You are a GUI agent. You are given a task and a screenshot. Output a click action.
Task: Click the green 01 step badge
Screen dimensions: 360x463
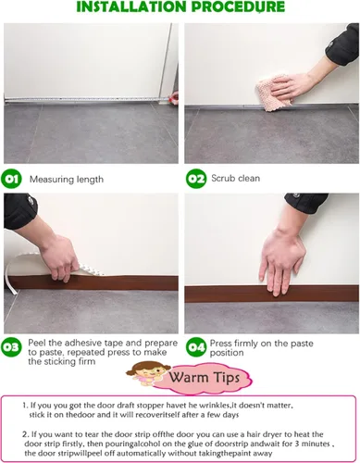[12, 179]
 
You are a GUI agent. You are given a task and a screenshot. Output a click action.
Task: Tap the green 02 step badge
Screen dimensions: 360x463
[196, 179]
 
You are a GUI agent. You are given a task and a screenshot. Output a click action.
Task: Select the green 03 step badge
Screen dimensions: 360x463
[12, 347]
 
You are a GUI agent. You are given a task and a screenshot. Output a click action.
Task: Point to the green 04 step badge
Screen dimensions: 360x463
[196, 347]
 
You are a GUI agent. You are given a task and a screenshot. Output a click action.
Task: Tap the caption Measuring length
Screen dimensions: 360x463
[67, 180]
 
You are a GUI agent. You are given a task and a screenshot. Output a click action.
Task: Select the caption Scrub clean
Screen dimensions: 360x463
[235, 178]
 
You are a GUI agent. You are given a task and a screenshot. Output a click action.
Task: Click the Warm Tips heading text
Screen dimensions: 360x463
[204, 378]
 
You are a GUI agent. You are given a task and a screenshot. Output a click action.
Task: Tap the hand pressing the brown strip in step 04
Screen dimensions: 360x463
[280, 262]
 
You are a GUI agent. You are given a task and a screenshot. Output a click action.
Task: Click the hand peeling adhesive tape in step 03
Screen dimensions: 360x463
[57, 257]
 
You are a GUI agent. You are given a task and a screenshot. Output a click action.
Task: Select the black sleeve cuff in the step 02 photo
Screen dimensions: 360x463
[342, 44]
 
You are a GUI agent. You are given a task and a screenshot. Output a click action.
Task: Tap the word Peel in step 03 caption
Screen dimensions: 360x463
[37, 343]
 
